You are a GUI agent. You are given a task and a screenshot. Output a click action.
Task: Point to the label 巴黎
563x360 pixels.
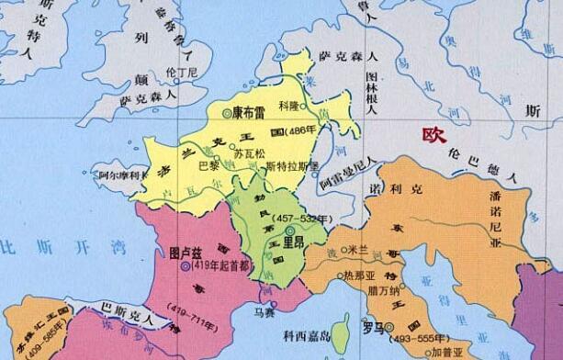[209, 165]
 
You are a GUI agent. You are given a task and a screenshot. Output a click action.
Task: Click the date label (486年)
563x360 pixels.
[305, 129]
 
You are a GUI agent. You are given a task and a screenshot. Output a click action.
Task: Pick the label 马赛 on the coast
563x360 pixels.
[265, 312]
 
